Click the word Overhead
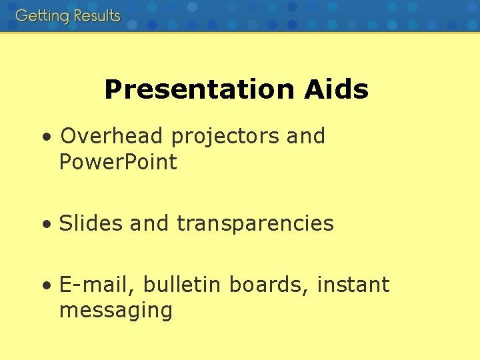[111, 136]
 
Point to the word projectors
[225, 137]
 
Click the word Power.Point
[118, 162]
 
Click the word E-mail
[96, 285]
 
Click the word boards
[269, 285]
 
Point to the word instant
[353, 285]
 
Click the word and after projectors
[305, 136]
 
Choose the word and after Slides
[150, 223]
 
